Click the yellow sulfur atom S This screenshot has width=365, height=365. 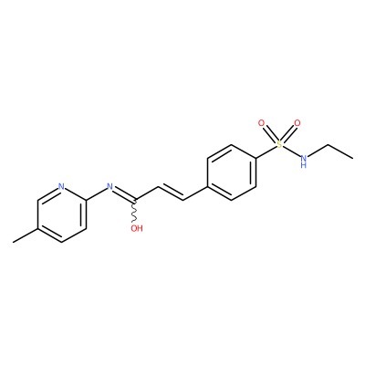pos(279,144)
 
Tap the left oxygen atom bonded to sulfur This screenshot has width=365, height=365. pos(261,123)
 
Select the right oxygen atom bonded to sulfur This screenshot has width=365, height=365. pos(297,123)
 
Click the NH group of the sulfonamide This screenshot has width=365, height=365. pos(303,161)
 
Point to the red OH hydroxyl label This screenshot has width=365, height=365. pos(137,228)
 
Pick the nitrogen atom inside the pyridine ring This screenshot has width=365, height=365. pos(61,186)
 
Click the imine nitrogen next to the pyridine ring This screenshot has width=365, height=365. pos(109,186)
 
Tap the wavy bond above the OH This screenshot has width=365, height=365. pos(134,211)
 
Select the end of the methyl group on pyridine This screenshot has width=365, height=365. pos(13,243)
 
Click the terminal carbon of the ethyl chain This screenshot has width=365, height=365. pos(352,158)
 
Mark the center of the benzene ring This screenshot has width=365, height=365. pos(231,172)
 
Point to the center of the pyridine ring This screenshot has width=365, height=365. pos(61,214)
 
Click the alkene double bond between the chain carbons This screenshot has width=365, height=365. pos(171,192)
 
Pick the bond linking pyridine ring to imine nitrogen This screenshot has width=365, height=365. pos(96,193)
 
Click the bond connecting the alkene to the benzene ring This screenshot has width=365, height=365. pos(194,193)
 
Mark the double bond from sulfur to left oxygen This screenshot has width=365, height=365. pos(269,134)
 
